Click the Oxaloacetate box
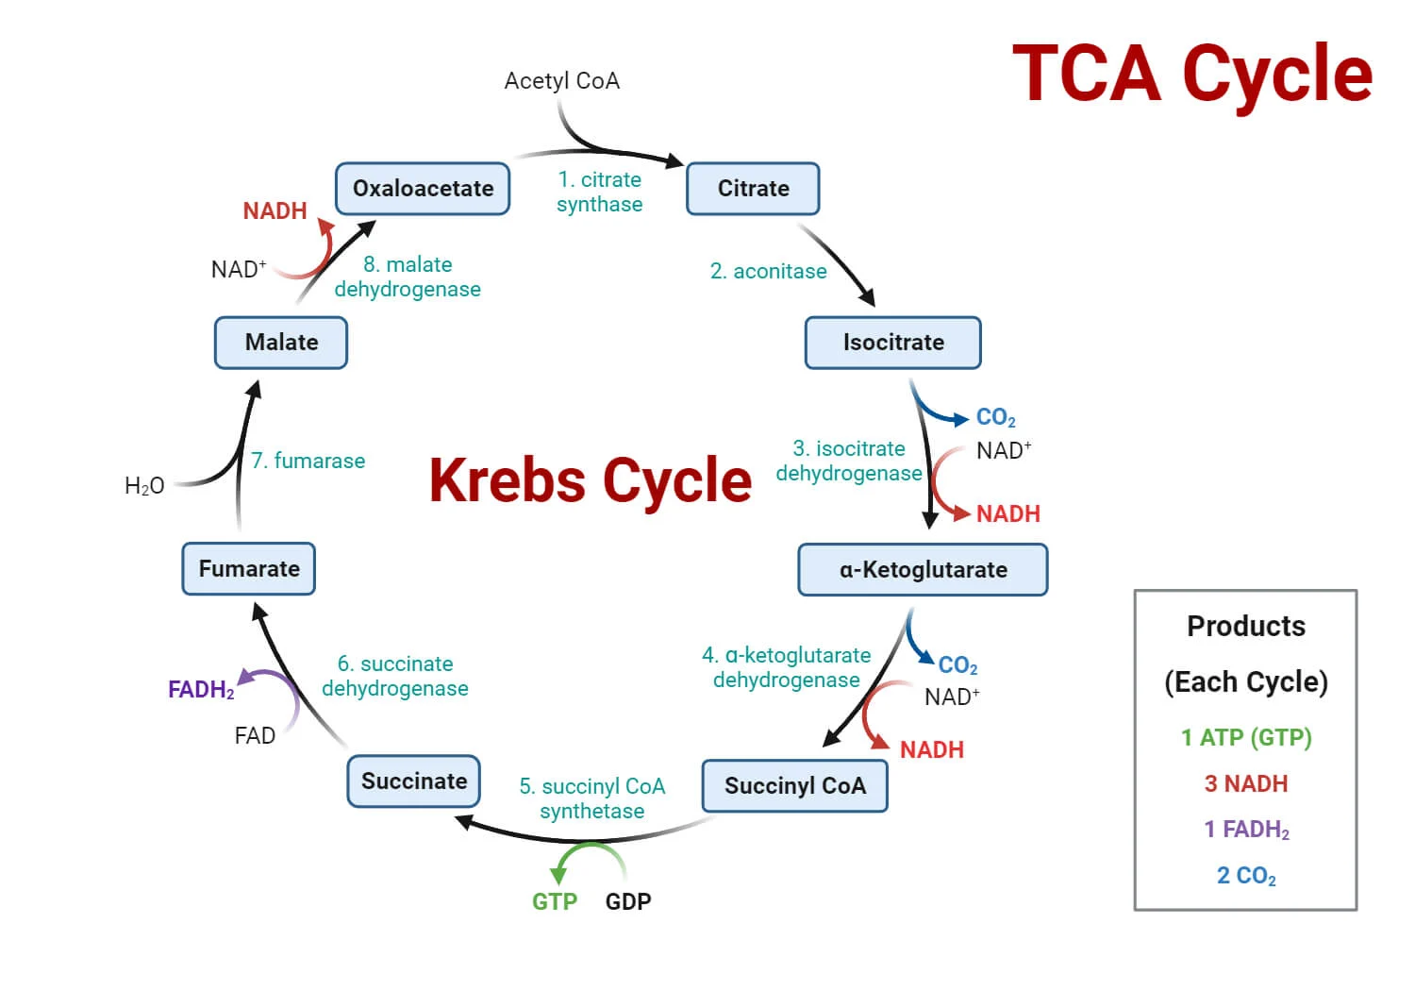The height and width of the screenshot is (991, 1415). [423, 189]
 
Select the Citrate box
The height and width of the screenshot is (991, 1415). [753, 189]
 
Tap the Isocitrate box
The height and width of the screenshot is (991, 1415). [892, 343]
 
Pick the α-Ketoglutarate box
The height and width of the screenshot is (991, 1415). [923, 570]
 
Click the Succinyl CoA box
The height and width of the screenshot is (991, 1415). [794, 786]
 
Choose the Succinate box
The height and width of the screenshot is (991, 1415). [414, 781]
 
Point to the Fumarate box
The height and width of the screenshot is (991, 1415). [249, 569]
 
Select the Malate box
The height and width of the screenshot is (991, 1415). [281, 343]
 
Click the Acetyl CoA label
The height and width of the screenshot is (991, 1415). [562, 81]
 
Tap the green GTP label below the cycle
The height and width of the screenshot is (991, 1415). [555, 901]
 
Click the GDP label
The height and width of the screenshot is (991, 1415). [628, 901]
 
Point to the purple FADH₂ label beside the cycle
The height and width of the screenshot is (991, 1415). [201, 690]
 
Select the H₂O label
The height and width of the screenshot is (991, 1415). [144, 486]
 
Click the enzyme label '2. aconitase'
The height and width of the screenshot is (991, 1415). [768, 272]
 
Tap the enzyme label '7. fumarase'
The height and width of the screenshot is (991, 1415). [308, 462]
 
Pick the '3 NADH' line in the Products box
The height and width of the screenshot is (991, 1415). [1245, 783]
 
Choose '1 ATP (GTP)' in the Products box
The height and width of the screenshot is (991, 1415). [1245, 737]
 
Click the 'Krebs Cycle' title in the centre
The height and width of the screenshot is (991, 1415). [591, 480]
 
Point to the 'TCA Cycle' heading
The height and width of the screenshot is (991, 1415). [1192, 74]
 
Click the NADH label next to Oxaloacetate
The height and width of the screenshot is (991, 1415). [275, 211]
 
